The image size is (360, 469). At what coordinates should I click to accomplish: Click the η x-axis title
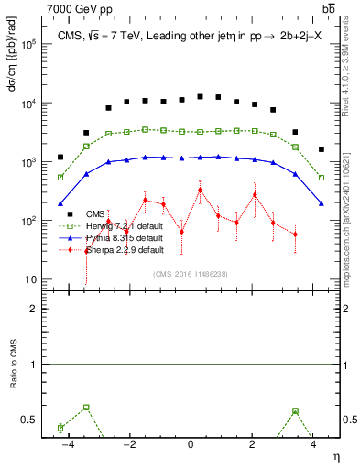pyautogui.click(x=334, y=456)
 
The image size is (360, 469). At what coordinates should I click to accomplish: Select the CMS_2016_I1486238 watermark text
pyautogui.click(x=190, y=273)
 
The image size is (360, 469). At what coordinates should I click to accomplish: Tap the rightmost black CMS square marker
pyautogui.click(x=322, y=149)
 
